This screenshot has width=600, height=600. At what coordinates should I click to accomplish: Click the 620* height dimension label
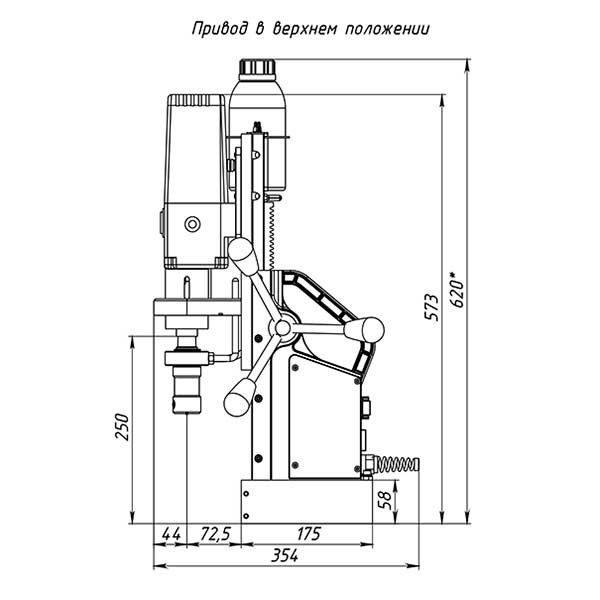458,290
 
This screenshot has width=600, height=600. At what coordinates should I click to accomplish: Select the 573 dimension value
432,307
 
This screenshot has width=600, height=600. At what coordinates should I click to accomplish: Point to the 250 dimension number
122,427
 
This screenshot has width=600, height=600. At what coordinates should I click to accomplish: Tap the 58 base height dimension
385,500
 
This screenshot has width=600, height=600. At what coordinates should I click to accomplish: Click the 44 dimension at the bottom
171,533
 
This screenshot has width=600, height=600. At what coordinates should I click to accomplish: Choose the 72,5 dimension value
215,534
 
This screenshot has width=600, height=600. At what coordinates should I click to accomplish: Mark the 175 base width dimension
308,533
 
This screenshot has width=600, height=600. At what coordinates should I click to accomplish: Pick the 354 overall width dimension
284,555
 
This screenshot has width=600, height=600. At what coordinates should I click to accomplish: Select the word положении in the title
387,29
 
